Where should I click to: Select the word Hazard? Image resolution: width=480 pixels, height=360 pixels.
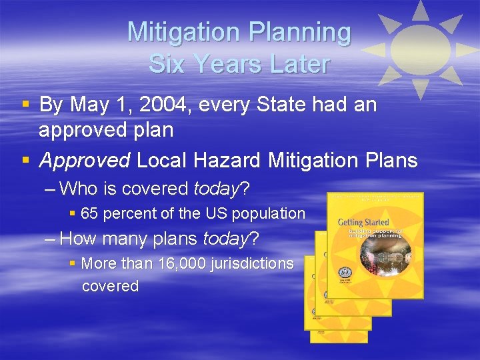226,160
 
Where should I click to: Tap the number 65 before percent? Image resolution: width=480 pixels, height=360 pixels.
89,214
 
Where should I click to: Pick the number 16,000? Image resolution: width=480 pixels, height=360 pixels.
184,263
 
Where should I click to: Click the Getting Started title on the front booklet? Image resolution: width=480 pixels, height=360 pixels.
359,221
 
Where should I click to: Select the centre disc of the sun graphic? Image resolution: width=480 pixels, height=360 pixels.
419,49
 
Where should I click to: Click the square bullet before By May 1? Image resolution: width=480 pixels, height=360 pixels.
25,105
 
